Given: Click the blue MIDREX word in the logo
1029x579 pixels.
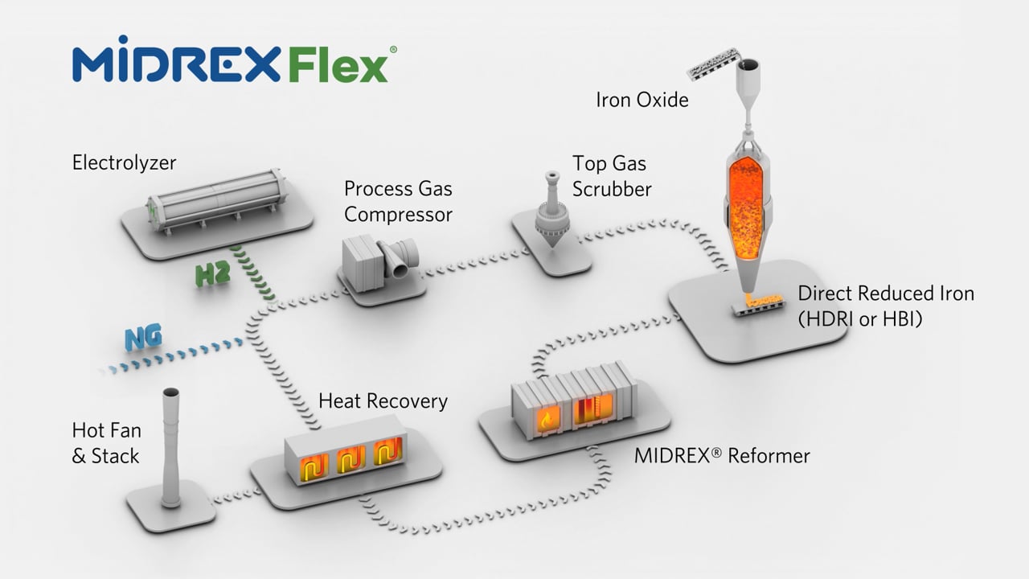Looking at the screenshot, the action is [177, 59].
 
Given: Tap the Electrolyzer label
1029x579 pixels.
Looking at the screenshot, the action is [124, 163].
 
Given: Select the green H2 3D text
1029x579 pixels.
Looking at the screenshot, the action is [212, 275].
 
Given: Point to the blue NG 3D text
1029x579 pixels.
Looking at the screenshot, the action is [143, 338].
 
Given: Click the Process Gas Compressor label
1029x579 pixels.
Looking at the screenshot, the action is [398, 202].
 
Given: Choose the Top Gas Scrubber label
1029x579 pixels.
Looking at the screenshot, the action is [612, 176].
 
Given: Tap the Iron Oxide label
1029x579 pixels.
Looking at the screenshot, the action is [642, 101].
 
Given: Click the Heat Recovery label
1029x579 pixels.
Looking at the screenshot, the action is [383, 401].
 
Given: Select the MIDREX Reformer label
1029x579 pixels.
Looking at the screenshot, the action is [722, 456].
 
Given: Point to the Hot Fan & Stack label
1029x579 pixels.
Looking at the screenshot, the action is [107, 443].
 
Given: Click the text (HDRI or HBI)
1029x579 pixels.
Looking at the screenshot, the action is [860, 319].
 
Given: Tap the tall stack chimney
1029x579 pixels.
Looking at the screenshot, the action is [171, 448].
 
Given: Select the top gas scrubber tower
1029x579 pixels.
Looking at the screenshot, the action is [551, 209].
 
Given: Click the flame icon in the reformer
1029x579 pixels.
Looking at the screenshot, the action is [546, 420].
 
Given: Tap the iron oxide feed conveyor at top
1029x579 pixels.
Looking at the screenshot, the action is [713, 64].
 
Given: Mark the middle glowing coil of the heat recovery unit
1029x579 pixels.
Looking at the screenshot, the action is [351, 458].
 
